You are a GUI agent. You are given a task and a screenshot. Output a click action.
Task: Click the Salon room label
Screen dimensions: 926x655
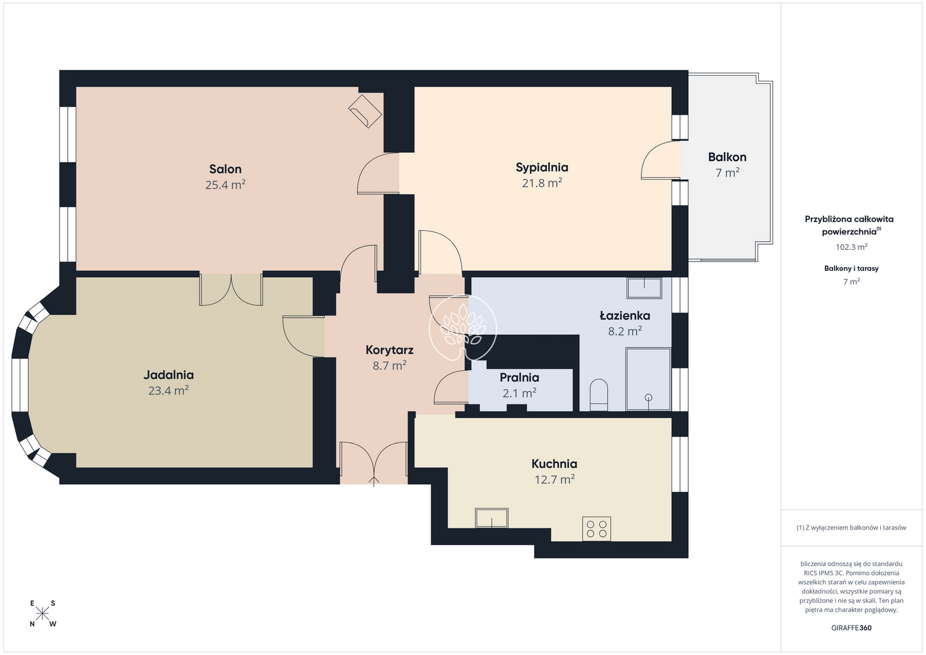(x=225, y=169)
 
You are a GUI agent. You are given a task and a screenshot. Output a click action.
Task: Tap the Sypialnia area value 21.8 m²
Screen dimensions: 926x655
(x=542, y=183)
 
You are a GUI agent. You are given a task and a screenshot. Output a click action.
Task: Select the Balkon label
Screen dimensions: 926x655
(x=727, y=157)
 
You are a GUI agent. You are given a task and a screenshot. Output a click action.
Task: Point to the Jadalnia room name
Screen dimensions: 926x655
(x=168, y=375)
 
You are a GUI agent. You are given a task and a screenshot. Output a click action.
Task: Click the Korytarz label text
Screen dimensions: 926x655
(x=389, y=350)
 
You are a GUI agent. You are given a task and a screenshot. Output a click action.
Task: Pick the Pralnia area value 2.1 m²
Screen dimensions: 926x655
(x=520, y=392)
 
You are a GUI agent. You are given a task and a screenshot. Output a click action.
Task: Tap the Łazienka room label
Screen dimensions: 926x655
(x=625, y=315)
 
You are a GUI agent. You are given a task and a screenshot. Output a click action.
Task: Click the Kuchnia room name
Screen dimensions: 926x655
(x=554, y=463)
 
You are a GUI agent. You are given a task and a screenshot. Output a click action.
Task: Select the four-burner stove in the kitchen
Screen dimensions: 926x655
(x=597, y=528)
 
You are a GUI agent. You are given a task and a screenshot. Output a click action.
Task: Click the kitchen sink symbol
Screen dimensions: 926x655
(x=491, y=518)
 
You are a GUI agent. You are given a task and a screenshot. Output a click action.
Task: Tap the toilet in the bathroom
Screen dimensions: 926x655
(x=598, y=395)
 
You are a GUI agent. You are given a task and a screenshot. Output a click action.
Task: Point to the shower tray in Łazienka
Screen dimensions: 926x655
(x=648, y=379)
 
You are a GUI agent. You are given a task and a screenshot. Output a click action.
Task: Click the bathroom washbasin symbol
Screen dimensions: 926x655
(x=644, y=288)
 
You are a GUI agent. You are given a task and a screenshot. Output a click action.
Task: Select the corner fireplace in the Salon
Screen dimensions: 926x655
(x=365, y=111)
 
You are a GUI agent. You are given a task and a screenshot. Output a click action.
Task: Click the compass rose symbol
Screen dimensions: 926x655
(x=43, y=614)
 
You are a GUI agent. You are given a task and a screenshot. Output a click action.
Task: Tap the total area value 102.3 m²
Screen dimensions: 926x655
(x=851, y=246)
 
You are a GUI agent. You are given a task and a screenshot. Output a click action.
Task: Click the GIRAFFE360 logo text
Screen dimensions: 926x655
(x=851, y=628)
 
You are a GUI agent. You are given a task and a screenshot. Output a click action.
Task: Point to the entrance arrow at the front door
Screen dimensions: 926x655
(x=374, y=481)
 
